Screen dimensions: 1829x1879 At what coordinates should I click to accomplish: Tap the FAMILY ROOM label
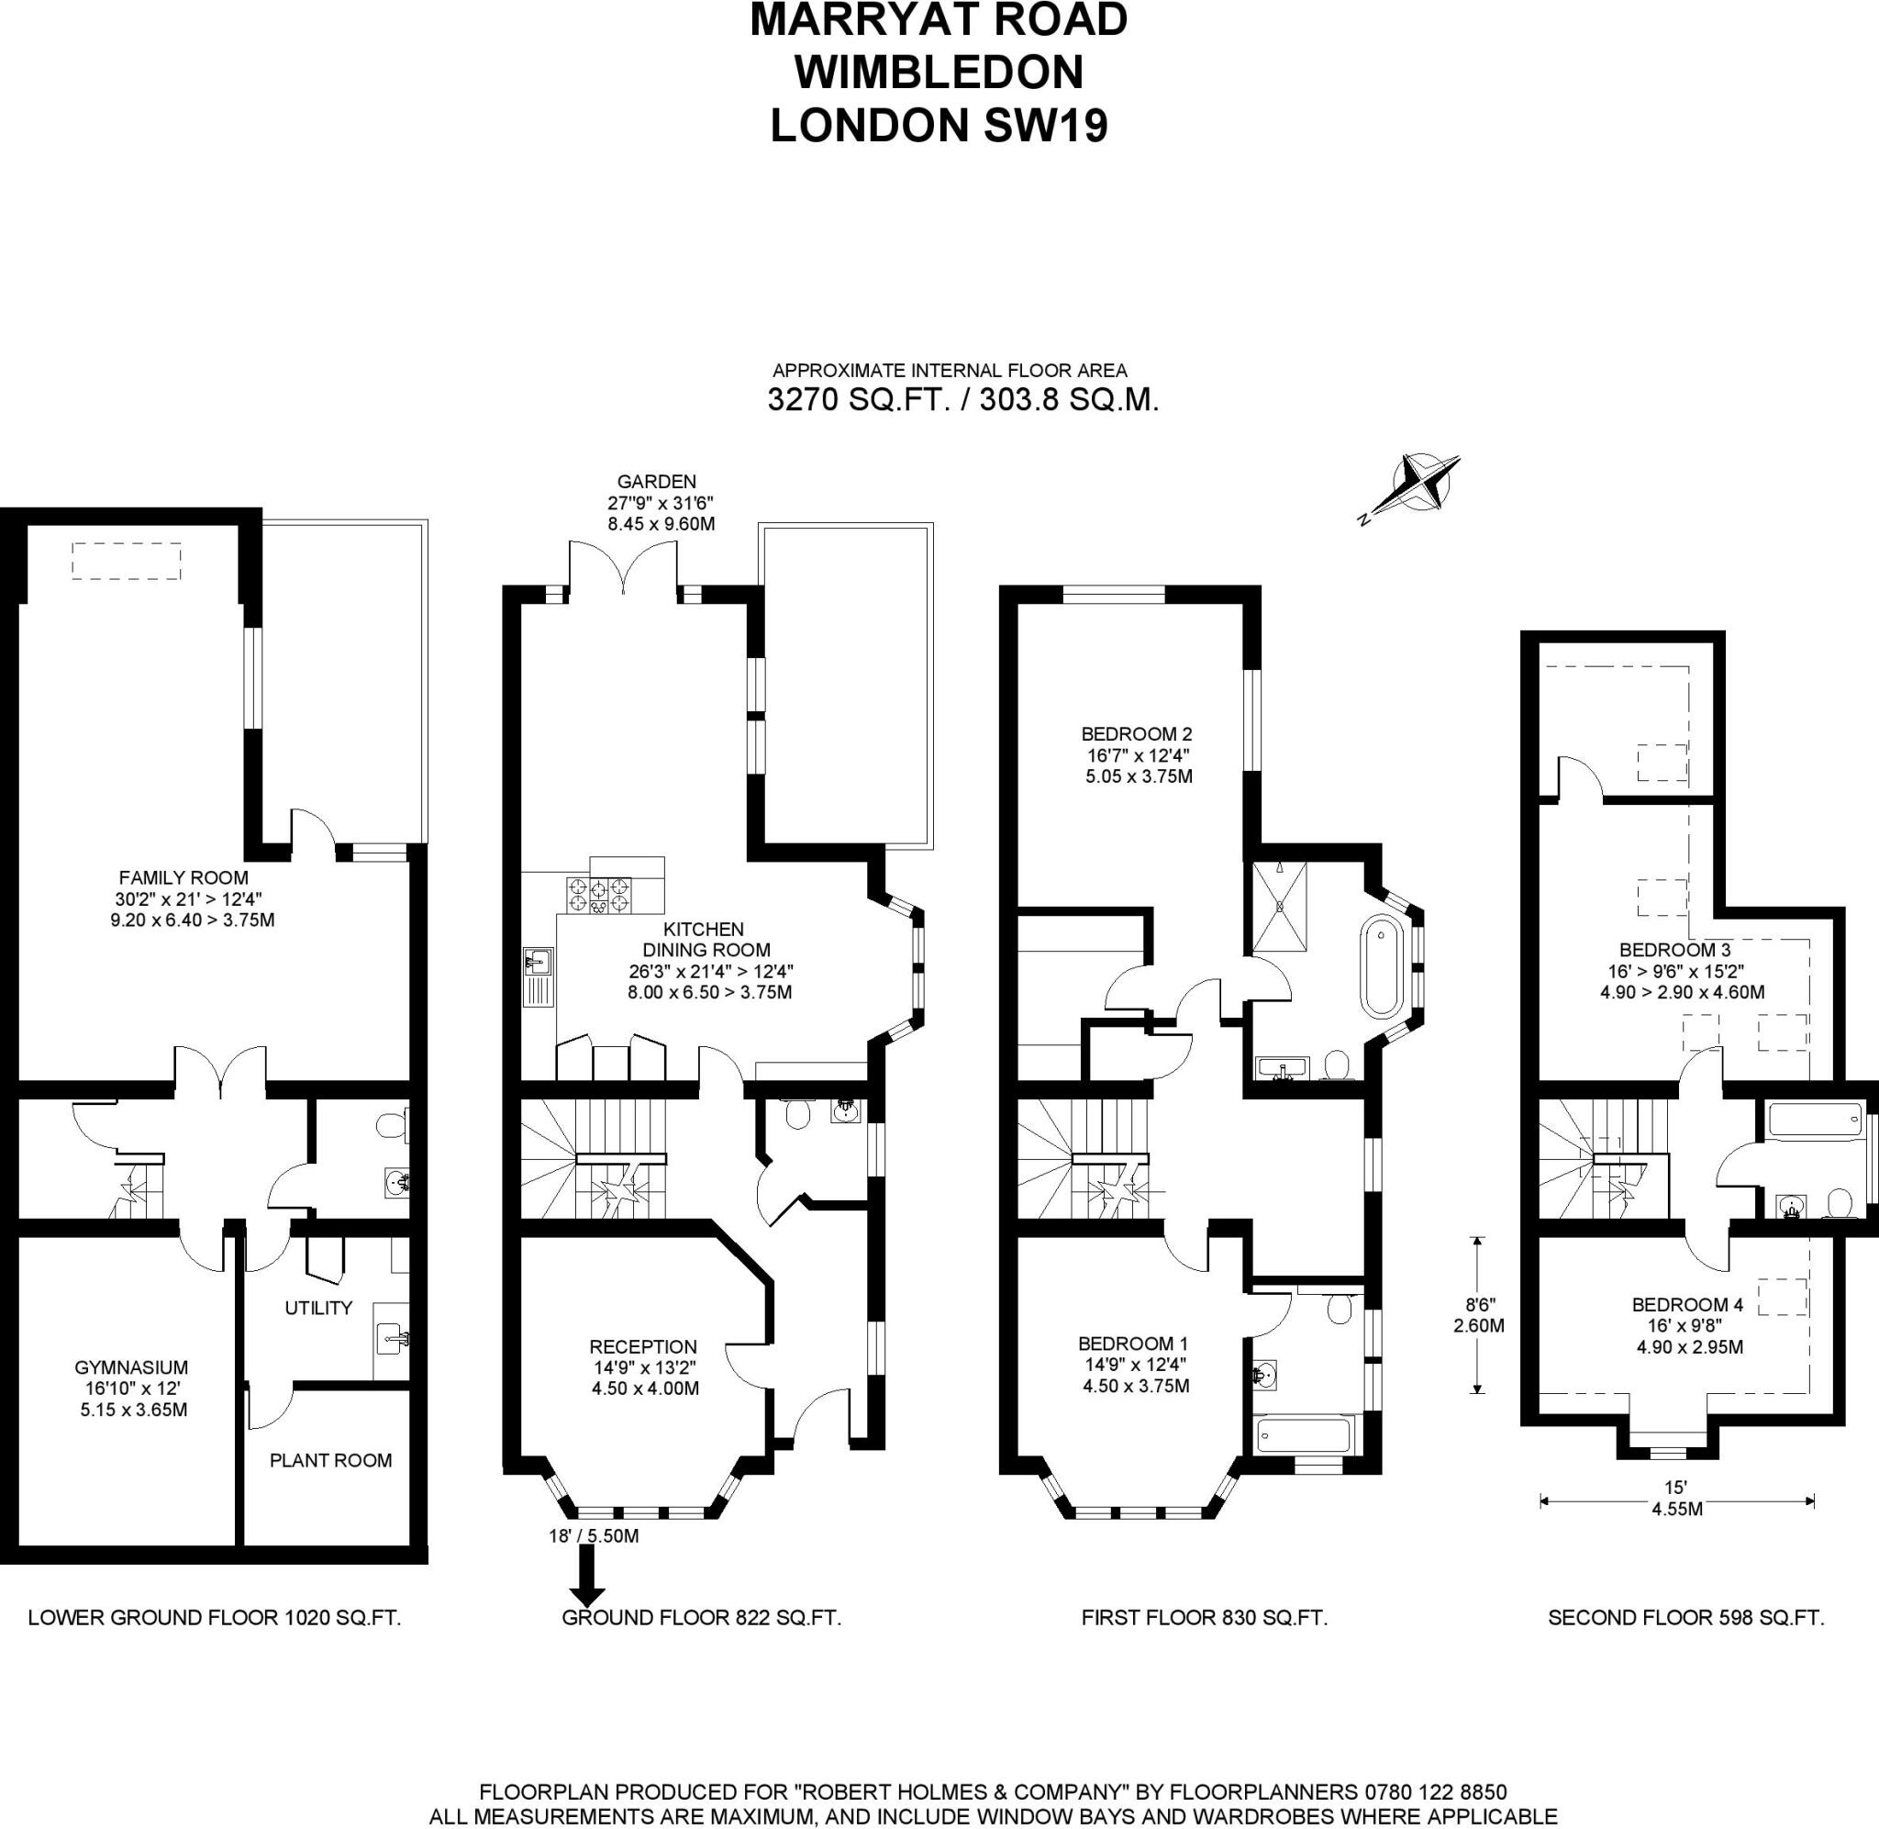(x=183, y=877)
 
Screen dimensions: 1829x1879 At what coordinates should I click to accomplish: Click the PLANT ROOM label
(x=330, y=1460)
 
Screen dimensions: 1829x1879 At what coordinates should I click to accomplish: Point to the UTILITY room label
(x=317, y=1308)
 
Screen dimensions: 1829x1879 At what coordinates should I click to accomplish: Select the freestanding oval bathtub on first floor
(x=1381, y=967)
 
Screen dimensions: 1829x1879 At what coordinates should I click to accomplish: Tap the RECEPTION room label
(x=642, y=1347)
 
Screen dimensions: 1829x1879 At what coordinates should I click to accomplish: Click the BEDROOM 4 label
(x=1687, y=1304)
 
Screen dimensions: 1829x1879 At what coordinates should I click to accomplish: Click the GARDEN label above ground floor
(x=656, y=481)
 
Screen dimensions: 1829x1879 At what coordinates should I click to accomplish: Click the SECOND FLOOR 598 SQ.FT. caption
(x=1685, y=1618)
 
